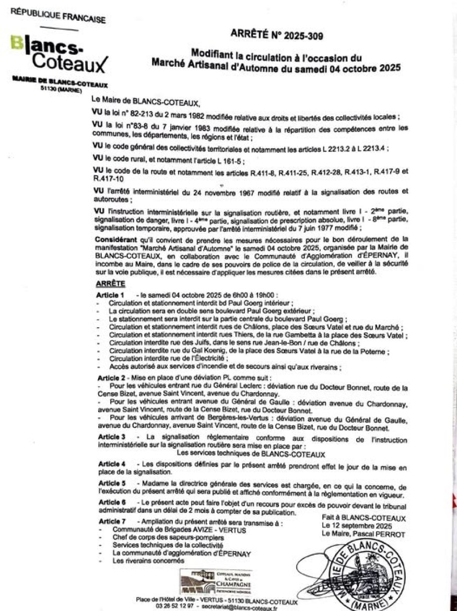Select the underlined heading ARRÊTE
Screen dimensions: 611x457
[111, 283]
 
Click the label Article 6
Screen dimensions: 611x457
[111, 502]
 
